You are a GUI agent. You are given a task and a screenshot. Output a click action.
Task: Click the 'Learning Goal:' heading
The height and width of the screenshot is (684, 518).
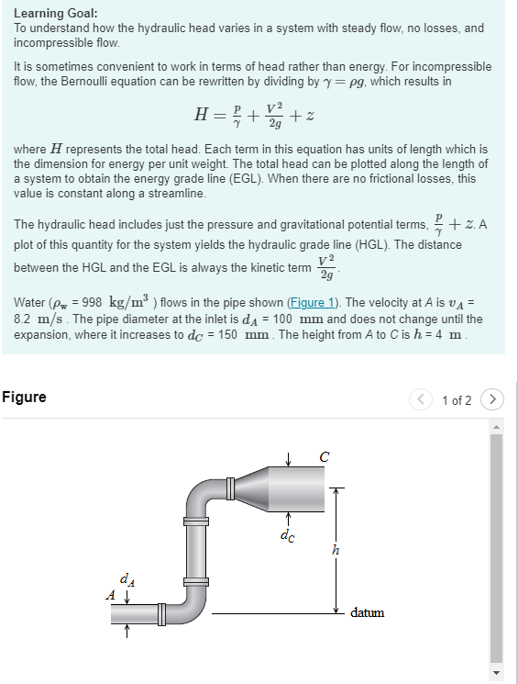[56, 14]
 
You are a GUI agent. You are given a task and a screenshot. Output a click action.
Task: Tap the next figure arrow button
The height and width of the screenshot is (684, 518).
[494, 399]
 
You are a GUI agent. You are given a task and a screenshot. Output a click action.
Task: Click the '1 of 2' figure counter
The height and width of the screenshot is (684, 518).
[457, 400]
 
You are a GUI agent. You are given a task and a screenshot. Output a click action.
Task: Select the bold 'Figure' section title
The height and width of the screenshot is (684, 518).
[24, 398]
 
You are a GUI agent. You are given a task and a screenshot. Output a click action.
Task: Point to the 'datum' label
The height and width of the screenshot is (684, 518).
[367, 612]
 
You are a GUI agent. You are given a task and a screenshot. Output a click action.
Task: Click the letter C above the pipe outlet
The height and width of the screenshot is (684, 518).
[324, 456]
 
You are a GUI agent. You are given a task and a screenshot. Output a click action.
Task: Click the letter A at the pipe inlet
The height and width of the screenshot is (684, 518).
[111, 595]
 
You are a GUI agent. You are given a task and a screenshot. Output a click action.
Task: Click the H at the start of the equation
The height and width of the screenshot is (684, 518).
[201, 115]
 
